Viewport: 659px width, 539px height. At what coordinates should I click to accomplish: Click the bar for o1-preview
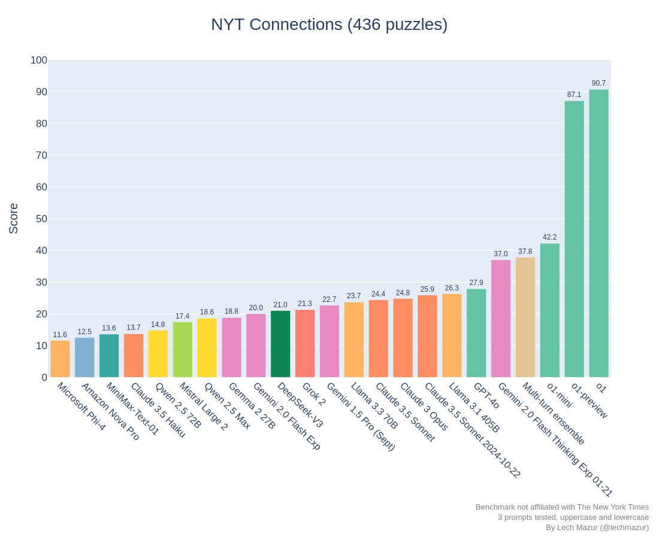574,239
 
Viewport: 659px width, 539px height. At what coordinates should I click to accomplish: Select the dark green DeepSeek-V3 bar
280,344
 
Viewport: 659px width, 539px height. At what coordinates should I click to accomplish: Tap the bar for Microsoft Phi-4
60,359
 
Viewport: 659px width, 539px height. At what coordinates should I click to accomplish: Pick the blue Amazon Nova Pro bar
84,358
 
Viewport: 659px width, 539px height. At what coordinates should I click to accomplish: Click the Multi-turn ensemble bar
525,317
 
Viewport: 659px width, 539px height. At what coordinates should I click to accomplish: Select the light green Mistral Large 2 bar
182,350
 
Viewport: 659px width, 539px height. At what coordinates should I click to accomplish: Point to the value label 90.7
598,83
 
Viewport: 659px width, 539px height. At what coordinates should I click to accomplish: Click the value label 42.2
550,237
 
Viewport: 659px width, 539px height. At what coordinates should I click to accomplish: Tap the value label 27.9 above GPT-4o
476,282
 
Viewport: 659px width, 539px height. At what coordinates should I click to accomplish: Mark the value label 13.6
109,328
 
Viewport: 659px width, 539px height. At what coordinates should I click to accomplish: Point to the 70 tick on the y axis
41,156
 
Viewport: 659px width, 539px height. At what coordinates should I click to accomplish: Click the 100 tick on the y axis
39,60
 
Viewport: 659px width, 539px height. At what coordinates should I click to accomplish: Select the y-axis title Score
13,219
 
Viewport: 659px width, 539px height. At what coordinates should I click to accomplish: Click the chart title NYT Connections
277,25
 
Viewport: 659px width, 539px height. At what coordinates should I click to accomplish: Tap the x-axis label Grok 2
313,394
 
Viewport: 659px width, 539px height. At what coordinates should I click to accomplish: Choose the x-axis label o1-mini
560,395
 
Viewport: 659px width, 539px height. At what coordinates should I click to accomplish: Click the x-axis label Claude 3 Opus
424,407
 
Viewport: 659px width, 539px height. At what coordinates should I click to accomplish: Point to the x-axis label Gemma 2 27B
252,406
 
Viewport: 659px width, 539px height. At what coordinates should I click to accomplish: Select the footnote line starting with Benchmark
563,507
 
